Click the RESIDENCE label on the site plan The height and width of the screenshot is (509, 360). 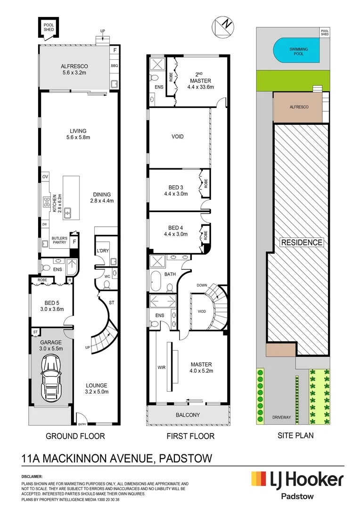[x=302, y=243]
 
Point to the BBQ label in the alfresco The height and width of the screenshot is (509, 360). [x=114, y=66]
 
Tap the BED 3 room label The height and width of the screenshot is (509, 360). [x=176, y=187]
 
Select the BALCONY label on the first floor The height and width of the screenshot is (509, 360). [x=188, y=415]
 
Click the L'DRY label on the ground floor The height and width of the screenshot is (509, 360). [x=103, y=251]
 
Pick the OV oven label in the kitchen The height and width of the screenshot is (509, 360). [x=45, y=177]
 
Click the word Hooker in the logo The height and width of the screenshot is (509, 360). [x=320, y=480]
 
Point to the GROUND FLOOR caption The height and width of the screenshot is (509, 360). [x=75, y=436]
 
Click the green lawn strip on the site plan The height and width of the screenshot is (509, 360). [x=292, y=78]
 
